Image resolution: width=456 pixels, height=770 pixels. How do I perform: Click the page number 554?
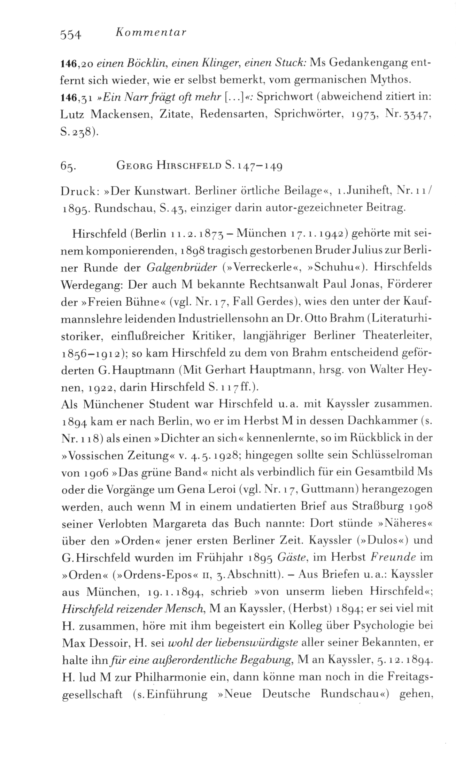coord(71,34)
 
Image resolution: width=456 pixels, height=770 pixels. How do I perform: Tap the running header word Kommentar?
coord(150,33)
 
